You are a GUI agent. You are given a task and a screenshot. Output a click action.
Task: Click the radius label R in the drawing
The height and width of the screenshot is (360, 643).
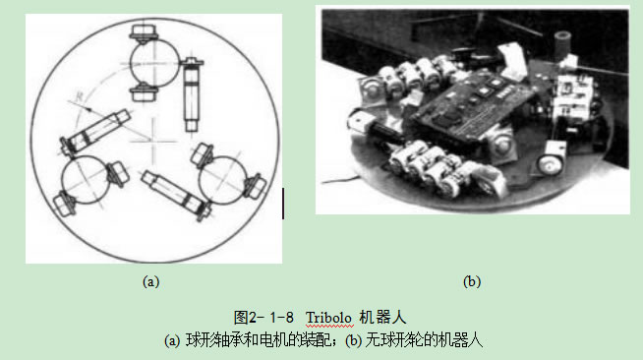pos(80,96)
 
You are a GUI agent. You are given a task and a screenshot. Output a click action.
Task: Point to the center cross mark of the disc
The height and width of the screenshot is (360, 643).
pos(153,142)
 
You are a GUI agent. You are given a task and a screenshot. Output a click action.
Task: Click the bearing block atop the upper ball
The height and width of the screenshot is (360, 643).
pos(144,33)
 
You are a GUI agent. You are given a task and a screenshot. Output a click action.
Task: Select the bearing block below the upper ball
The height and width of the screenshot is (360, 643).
pos(144,91)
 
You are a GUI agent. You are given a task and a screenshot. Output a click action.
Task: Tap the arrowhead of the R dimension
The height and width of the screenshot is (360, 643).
pos(88,109)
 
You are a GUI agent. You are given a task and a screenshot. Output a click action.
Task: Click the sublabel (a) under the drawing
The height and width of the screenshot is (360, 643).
pos(150,281)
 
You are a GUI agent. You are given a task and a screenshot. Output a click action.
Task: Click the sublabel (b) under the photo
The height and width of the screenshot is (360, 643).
pos(472,281)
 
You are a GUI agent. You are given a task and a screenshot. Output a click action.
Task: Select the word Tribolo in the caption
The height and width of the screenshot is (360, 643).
pos(329,318)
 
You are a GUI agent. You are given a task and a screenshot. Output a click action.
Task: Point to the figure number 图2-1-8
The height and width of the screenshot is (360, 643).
pos(263,318)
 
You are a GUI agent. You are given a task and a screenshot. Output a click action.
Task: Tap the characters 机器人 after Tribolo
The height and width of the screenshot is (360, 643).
pos(382,318)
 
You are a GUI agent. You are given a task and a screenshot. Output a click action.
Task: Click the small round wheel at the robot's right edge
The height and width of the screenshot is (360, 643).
pos(550,163)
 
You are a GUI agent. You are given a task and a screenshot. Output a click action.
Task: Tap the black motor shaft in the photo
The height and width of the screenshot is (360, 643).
pos(385,133)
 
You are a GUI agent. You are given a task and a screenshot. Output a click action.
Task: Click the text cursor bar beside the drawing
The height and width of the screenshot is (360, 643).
pos(283,204)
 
